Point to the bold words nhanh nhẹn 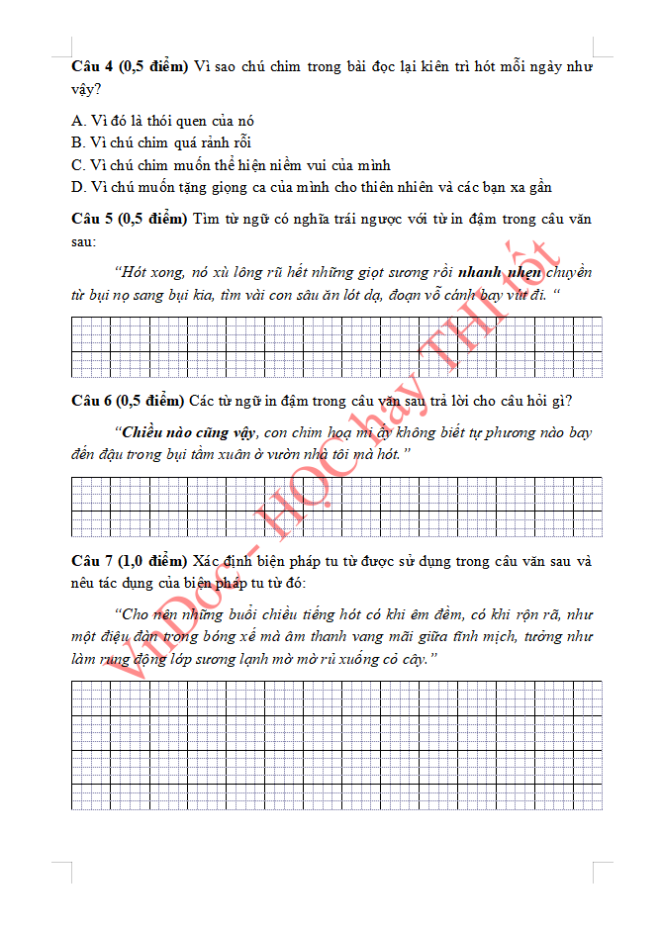coord(500,272)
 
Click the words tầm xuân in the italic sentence coord(253,454)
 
